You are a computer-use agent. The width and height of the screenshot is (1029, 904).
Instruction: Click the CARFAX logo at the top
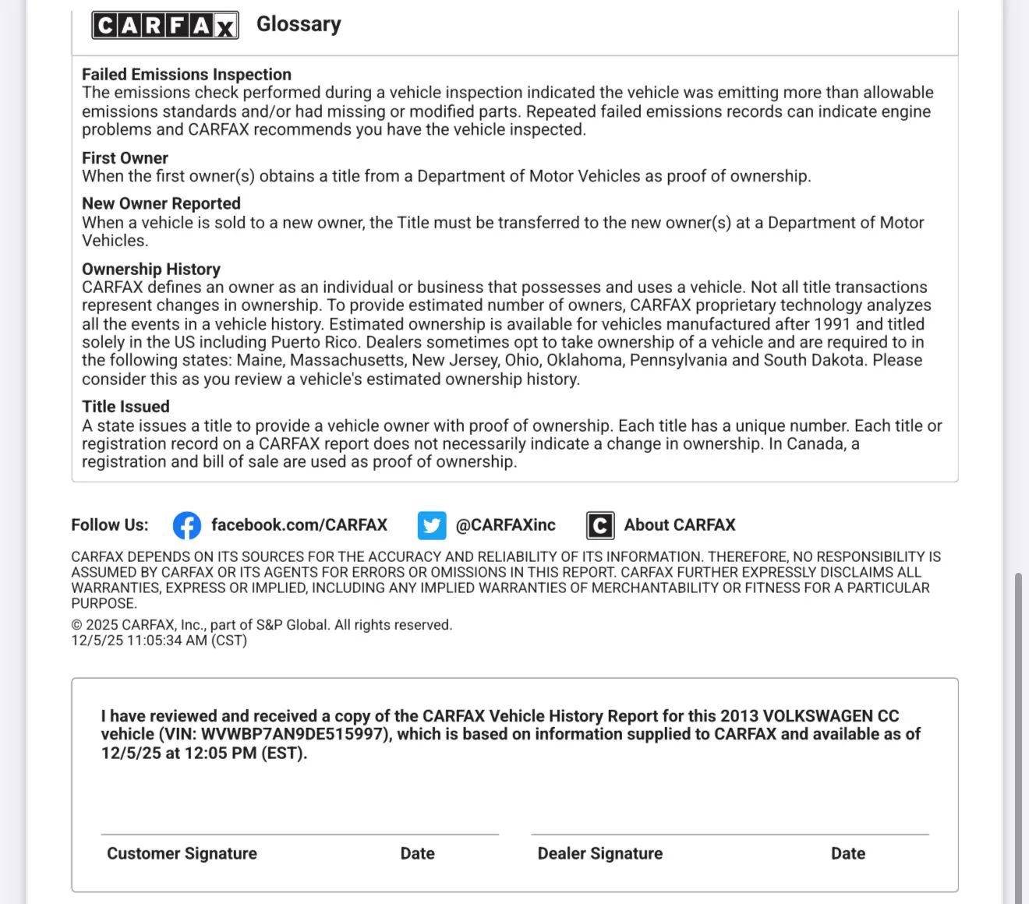tap(164, 26)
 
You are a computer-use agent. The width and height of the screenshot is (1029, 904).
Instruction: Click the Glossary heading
tap(299, 24)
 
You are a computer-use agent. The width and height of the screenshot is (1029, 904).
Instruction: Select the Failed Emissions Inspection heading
tap(186, 74)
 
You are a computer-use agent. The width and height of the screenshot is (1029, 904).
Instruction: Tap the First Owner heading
tap(125, 157)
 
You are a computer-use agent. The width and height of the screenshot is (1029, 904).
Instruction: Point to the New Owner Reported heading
tap(161, 203)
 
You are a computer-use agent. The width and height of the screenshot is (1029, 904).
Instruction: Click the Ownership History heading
tap(150, 269)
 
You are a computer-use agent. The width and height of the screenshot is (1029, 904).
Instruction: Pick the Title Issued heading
tap(126, 406)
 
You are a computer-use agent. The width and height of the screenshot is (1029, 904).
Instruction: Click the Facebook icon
tap(186, 525)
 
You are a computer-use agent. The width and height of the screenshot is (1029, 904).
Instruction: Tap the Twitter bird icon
tap(431, 525)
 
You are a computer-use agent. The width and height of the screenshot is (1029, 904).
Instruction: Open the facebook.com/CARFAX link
tap(299, 524)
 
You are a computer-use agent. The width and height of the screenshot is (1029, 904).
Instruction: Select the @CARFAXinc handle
tap(505, 524)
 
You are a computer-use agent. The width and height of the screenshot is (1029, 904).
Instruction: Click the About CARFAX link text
tap(679, 524)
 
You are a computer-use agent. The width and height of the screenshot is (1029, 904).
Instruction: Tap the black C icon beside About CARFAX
tap(599, 525)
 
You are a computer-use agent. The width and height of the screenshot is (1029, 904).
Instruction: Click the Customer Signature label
tap(182, 853)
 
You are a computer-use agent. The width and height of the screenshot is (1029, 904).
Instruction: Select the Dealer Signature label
tap(599, 853)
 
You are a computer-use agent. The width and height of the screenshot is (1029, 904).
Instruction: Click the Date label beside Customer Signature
tap(417, 853)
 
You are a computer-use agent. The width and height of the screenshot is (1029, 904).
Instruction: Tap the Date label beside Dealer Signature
tap(847, 853)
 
